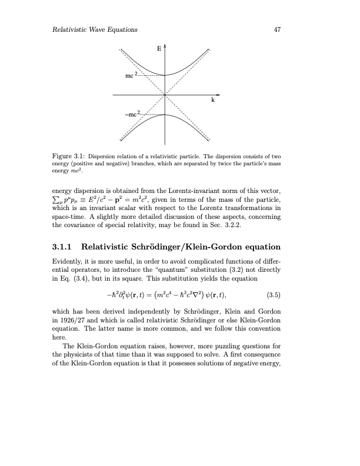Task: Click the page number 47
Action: [275, 29]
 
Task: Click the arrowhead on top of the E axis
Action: [165, 45]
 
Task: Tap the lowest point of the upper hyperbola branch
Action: [165, 75]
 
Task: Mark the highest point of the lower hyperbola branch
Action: [165, 114]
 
